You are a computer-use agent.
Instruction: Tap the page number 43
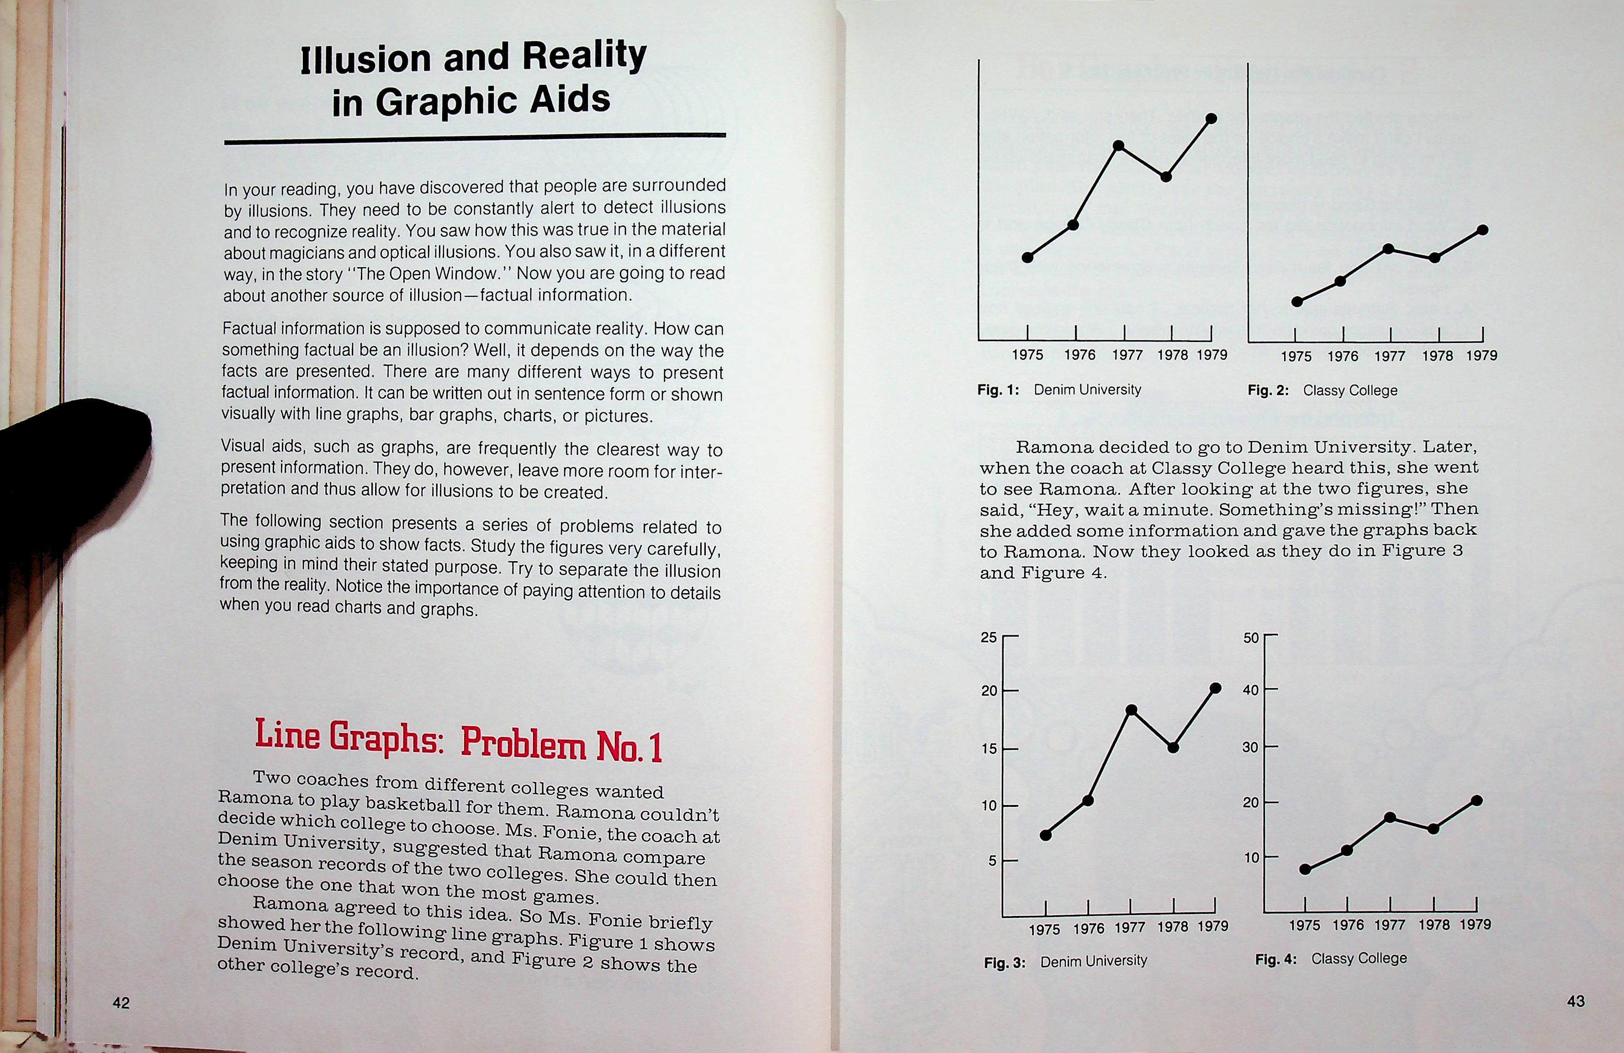[1576, 1000]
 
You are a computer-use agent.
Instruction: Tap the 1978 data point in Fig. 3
[1173, 747]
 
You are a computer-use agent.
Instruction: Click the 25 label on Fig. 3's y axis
[989, 637]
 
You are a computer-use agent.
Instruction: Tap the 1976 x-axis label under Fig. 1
[1079, 355]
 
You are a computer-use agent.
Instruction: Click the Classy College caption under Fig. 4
[1359, 958]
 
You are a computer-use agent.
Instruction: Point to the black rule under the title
[475, 138]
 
